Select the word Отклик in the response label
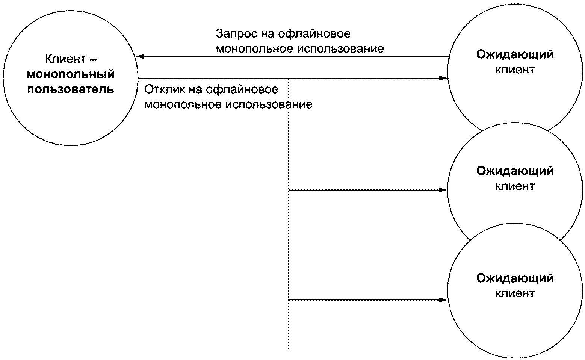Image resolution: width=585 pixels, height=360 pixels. coord(162,89)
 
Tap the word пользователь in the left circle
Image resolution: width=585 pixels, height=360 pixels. coord(71,89)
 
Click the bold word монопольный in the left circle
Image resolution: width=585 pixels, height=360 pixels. coord(71,74)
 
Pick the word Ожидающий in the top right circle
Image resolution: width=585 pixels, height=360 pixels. coord(515,54)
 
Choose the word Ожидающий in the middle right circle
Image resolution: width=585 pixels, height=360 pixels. coord(515,171)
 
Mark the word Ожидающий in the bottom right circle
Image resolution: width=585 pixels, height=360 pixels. coord(515,278)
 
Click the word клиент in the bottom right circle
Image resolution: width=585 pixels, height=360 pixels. coord(515,293)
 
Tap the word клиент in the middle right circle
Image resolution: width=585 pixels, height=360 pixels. coord(515,186)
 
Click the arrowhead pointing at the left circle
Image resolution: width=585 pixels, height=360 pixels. coord(140,57)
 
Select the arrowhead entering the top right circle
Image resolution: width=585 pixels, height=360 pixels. coord(444,79)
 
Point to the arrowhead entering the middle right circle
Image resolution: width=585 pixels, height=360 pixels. coord(444,190)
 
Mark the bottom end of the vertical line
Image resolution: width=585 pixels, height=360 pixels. coord(289,350)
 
